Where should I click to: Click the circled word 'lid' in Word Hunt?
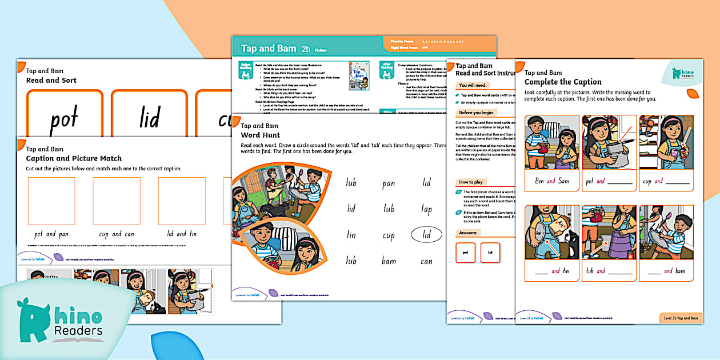click(426, 235)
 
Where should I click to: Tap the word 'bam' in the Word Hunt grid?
click(389, 261)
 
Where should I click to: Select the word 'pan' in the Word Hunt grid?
click(389, 183)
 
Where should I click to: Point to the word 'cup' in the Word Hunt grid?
click(389, 235)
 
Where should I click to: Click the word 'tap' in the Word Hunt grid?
click(426, 209)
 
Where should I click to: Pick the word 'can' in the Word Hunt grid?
click(426, 261)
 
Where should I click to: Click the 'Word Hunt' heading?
click(260, 135)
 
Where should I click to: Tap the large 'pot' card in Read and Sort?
click(63, 119)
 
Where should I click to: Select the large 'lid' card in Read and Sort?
click(150, 119)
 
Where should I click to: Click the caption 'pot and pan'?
click(52, 234)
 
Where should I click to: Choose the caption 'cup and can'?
click(117, 234)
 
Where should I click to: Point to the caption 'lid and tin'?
click(181, 234)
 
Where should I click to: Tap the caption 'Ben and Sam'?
click(547, 181)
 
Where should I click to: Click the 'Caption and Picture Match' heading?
click(74, 158)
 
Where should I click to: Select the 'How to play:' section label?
click(472, 182)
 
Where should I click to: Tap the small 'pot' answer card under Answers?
click(466, 253)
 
